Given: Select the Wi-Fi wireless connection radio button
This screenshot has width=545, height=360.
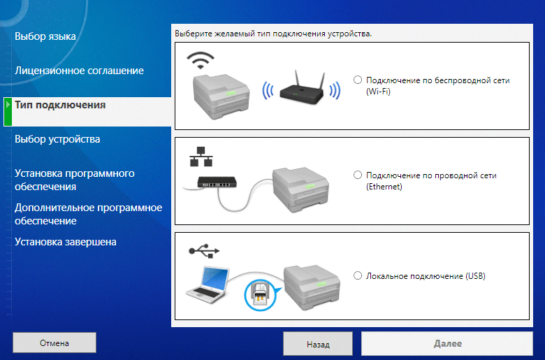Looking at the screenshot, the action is [358, 80].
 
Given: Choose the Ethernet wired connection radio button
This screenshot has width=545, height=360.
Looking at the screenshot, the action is [358, 175].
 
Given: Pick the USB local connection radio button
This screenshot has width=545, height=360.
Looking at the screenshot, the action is [358, 276].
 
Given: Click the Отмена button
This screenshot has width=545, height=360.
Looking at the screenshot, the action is [54, 343].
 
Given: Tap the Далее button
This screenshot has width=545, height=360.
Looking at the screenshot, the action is [447, 344].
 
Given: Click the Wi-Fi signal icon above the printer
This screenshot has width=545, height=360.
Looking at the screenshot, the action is [201, 61].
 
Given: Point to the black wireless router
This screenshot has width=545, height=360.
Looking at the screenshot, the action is [302, 88].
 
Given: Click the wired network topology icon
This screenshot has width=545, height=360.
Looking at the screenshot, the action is [201, 157].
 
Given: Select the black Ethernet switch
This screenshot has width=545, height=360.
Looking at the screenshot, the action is [217, 182].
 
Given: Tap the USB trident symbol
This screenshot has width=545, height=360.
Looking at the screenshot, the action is [204, 250].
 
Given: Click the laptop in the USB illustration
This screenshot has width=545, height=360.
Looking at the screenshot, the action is [208, 285].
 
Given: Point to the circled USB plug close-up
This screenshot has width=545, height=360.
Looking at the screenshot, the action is [259, 295].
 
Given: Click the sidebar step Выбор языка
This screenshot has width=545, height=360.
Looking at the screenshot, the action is [45, 36].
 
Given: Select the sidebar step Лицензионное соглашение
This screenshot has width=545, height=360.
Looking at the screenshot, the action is [79, 71].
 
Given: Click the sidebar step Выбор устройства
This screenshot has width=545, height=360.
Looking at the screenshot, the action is [57, 139].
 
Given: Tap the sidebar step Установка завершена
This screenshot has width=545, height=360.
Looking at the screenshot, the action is [66, 242].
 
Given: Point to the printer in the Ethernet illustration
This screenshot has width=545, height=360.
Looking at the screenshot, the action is [300, 190].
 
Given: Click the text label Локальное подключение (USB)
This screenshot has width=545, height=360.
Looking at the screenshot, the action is [426, 276].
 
